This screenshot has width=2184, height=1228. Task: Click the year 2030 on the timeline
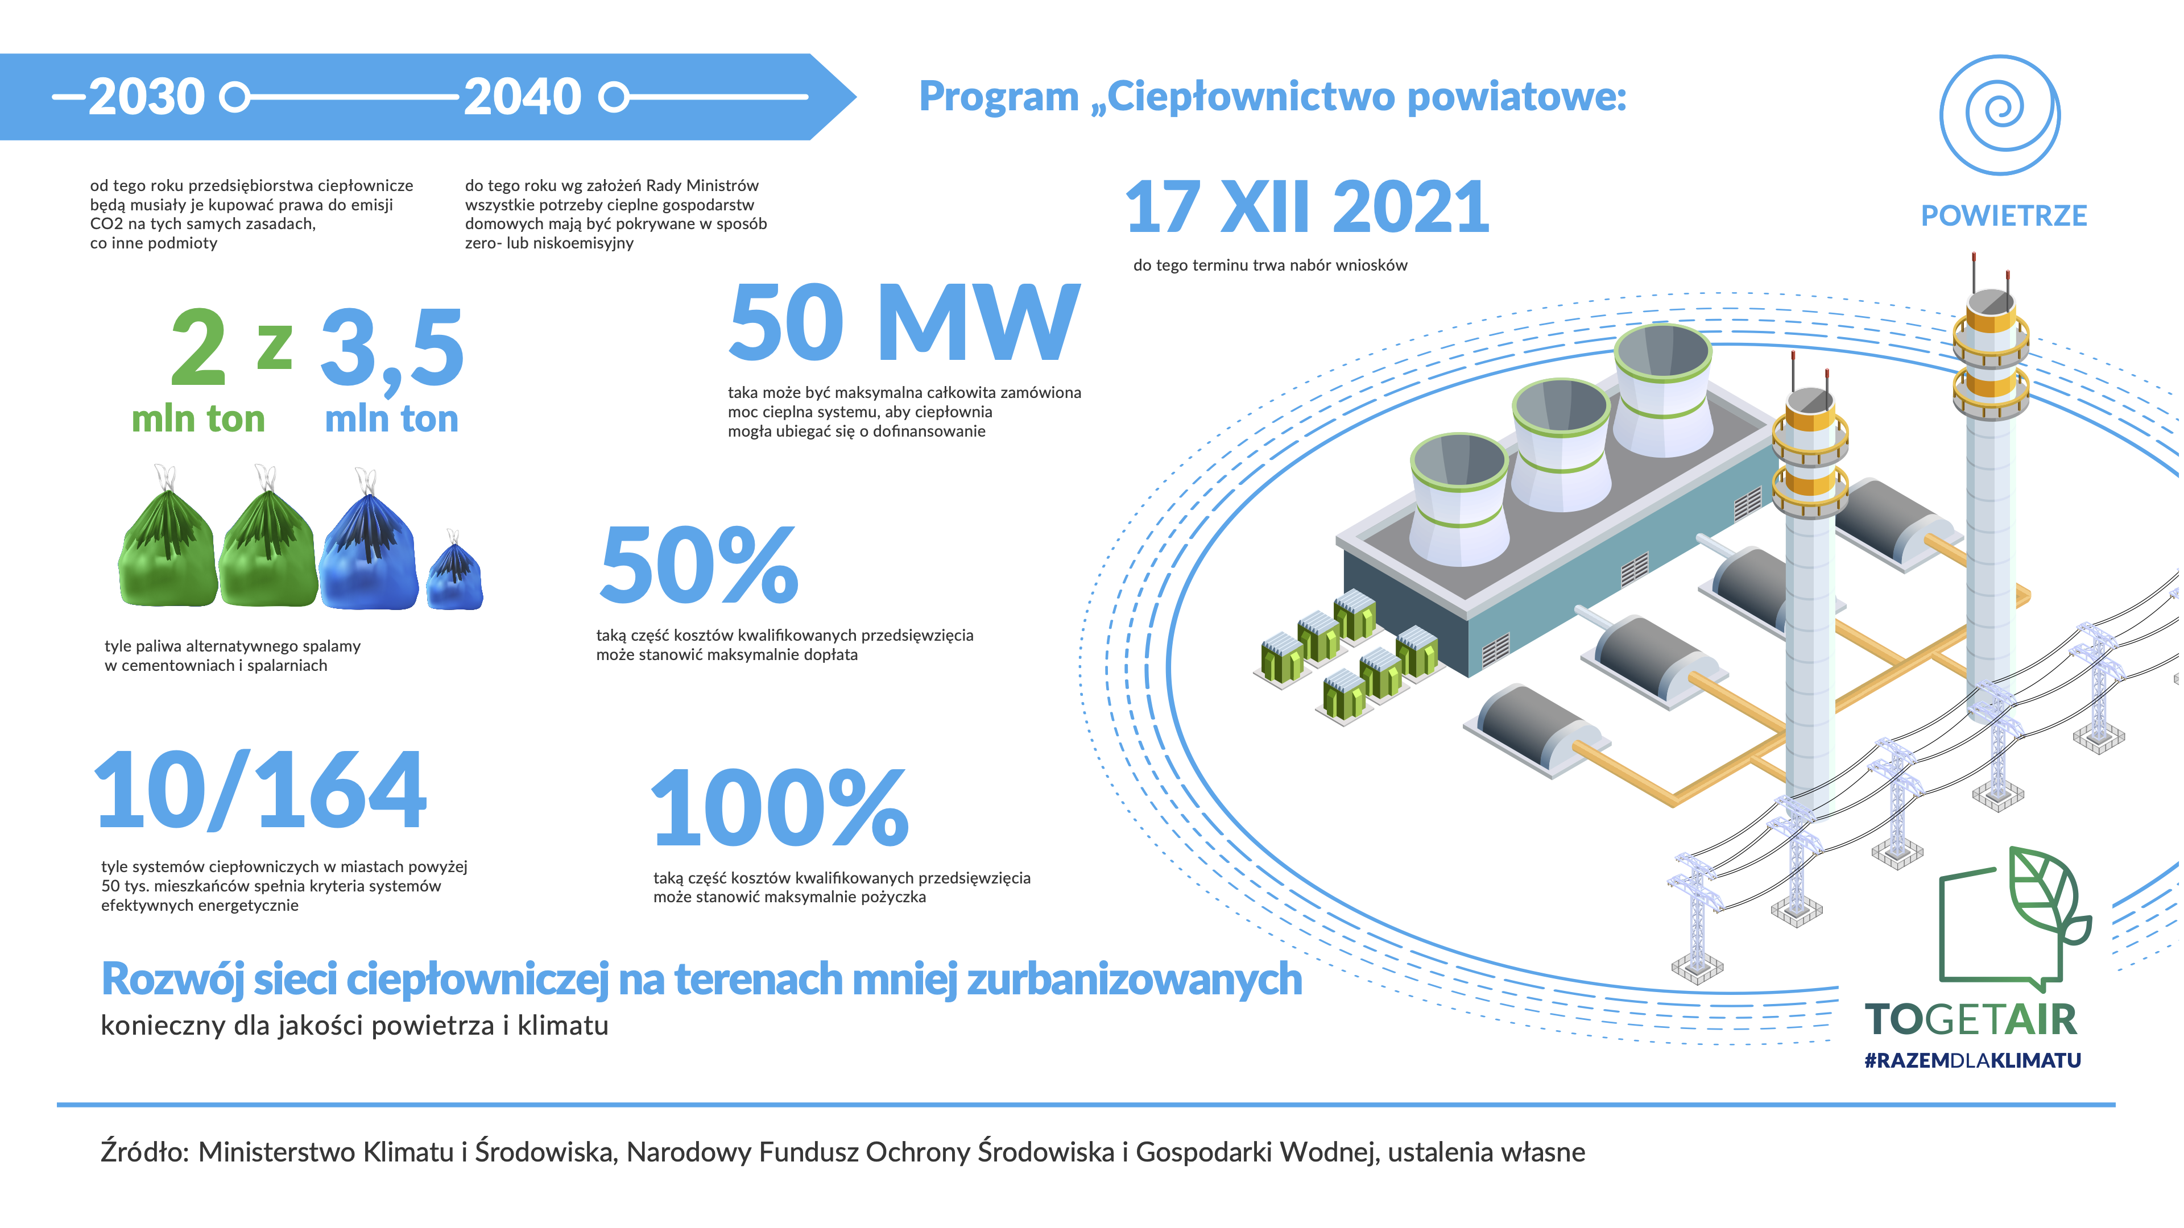coord(147,97)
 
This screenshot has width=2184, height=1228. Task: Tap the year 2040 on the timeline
coord(522,97)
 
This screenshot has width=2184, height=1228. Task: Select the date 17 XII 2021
coord(1306,207)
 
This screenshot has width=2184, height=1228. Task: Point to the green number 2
coord(198,347)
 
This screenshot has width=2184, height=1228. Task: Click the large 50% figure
coord(698,565)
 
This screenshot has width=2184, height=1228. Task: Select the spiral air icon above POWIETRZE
coord(2000,114)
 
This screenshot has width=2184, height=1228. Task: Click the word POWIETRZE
coord(2003,216)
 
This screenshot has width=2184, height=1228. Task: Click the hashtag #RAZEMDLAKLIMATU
coord(1972,1060)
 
